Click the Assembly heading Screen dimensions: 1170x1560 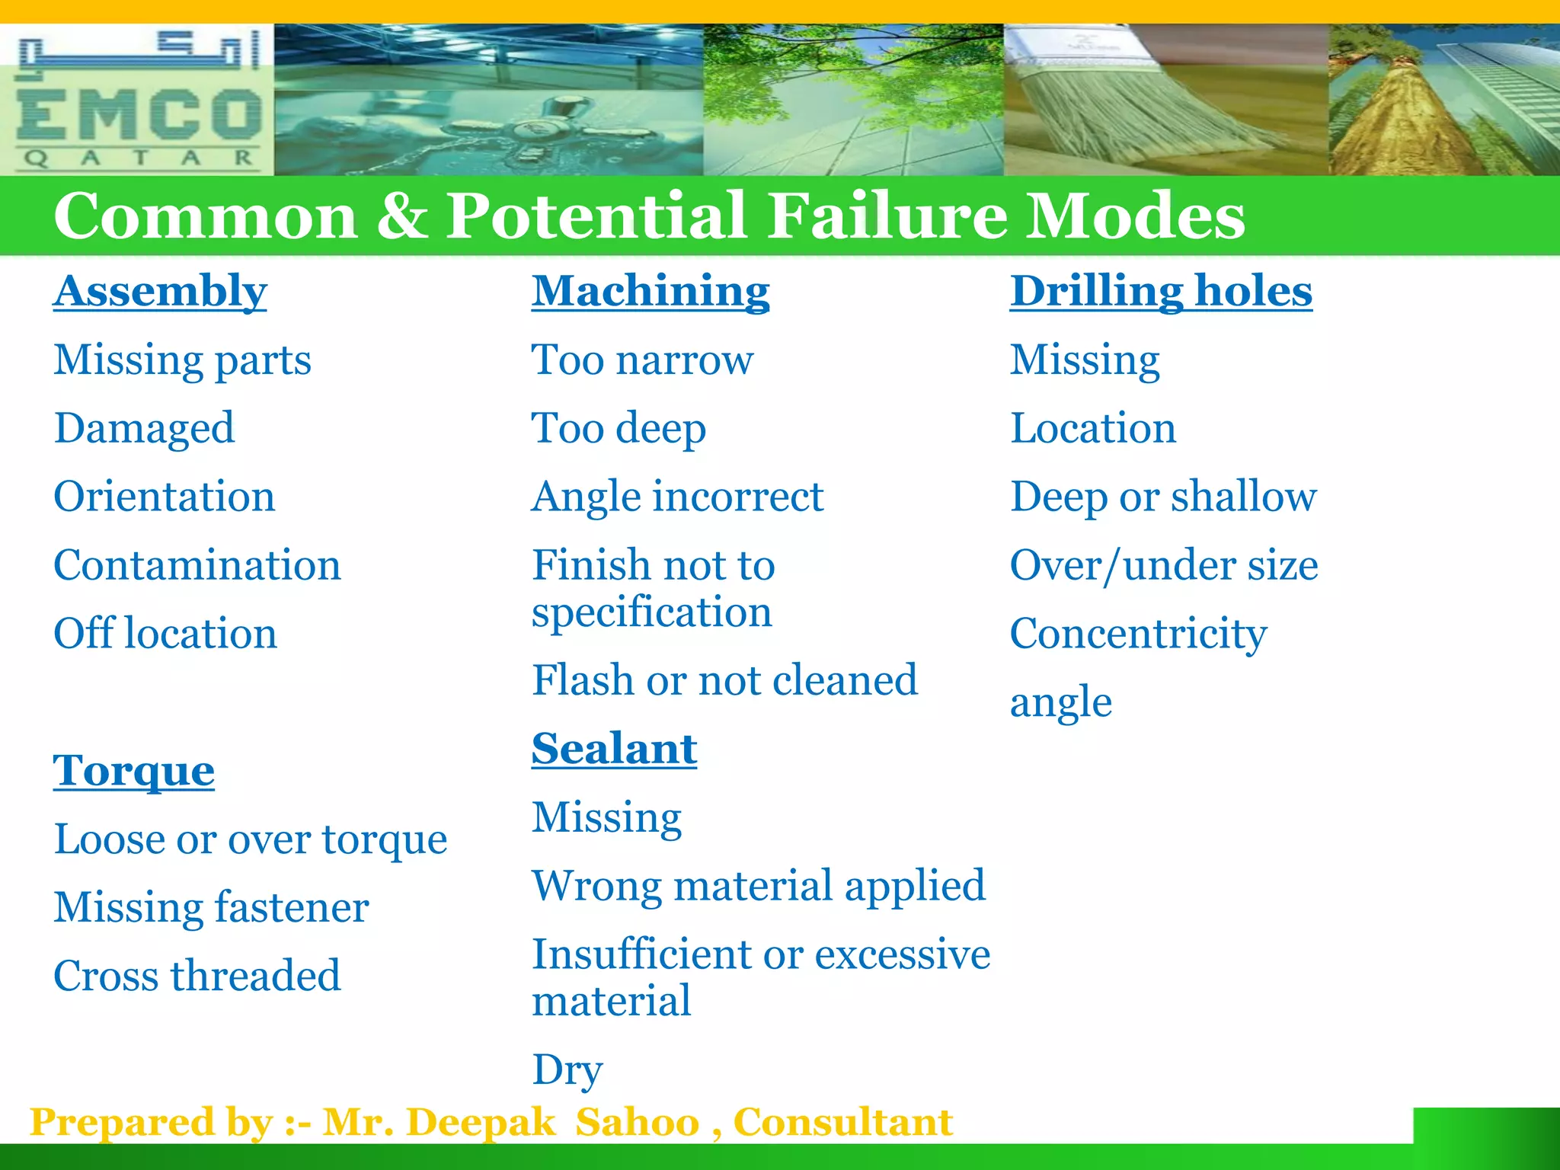pyautogui.click(x=160, y=291)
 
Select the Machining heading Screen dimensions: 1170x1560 pyautogui.click(x=651, y=291)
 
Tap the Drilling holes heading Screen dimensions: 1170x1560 pyautogui.click(x=1161, y=291)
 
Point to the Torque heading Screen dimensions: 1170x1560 pyautogui.click(x=134, y=771)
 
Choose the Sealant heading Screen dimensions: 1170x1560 pyautogui.click(x=614, y=749)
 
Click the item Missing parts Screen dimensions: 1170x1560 pyautogui.click(x=182, y=360)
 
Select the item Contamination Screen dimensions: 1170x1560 pyautogui.click(x=197, y=565)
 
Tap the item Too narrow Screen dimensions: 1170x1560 pyautogui.click(x=642, y=360)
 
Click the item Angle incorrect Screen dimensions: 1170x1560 pyautogui.click(x=677, y=497)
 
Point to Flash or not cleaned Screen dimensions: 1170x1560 pyautogui.click(x=724, y=680)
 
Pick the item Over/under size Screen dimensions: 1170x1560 pyautogui.click(x=1163, y=565)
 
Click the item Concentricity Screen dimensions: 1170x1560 pyautogui.click(x=1138, y=634)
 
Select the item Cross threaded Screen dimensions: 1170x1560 pyautogui.click(x=197, y=976)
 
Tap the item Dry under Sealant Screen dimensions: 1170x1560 pyautogui.click(x=567, y=1069)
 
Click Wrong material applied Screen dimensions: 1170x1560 pyautogui.click(x=759, y=886)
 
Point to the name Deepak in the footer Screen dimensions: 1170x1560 pyautogui.click(x=481, y=1122)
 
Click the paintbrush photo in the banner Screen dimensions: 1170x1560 pyautogui.click(x=1165, y=99)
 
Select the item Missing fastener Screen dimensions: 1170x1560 pyautogui.click(x=211, y=907)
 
